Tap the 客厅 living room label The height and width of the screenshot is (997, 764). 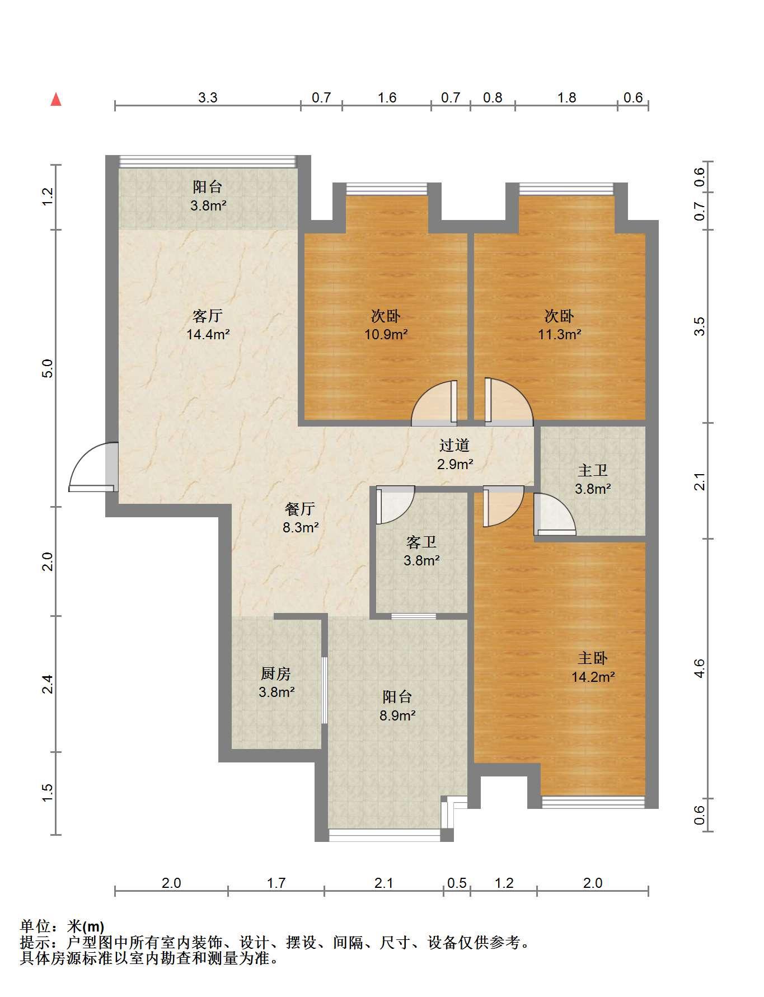(208, 316)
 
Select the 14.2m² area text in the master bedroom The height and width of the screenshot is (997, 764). (593, 677)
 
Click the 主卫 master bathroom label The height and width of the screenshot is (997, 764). (593, 471)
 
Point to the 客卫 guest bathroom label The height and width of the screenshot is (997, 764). (421, 542)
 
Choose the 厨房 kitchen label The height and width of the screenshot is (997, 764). (276, 673)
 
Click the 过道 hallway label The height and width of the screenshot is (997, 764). (454, 446)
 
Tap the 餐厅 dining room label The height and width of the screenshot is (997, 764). (301, 509)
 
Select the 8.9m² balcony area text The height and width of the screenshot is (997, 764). (397, 715)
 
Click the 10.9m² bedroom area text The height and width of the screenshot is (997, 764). (386, 335)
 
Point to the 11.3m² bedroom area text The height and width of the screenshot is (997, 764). (559, 335)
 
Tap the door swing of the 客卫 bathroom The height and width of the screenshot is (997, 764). (395, 505)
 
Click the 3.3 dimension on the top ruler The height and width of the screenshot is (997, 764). (208, 98)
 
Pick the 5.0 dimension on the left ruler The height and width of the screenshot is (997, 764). (48, 368)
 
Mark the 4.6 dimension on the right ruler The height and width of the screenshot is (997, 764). (699, 668)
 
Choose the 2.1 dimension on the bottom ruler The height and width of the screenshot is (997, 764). (384, 883)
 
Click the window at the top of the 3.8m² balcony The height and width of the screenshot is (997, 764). (208, 161)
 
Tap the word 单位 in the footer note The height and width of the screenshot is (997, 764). (34, 926)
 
